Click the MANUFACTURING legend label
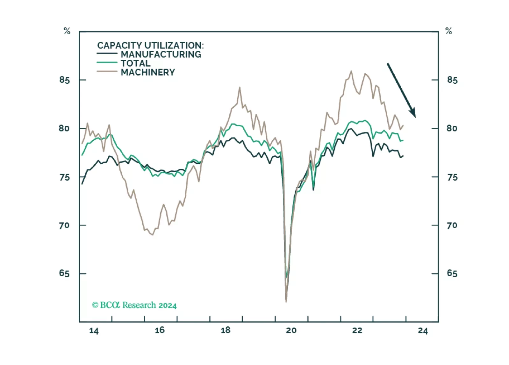161,55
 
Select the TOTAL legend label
135,63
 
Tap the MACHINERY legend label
148,72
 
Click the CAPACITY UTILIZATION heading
150,46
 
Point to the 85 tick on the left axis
64,80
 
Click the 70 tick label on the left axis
64,226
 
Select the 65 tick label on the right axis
452,274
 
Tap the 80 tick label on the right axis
452,129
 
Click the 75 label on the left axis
64,177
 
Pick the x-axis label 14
94,331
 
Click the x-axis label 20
291,331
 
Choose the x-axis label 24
423,331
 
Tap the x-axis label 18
226,330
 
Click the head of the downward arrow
413,114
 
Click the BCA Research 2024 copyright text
134,305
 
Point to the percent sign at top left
67,31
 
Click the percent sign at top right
449,31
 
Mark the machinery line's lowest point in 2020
286,302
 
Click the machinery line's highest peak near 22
351,71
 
